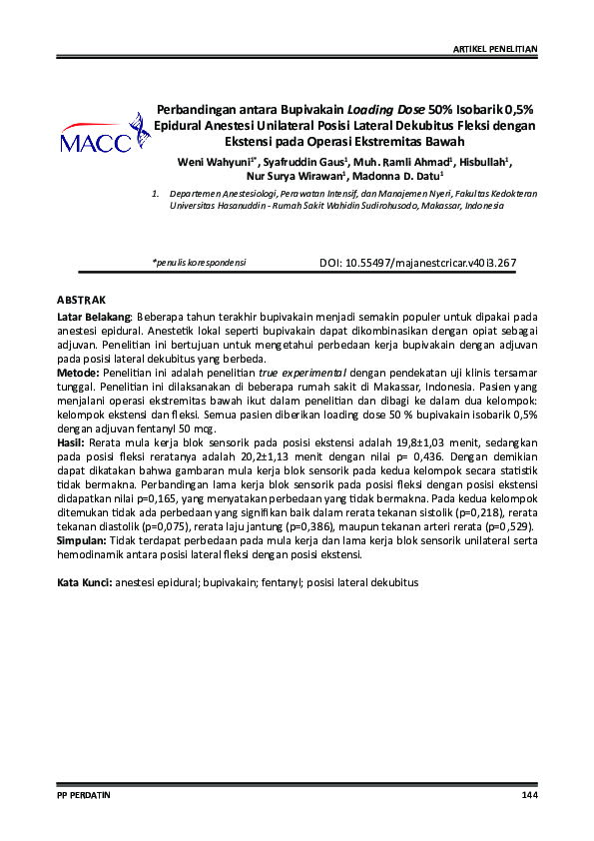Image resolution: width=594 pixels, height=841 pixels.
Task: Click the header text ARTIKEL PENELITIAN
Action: point(496,48)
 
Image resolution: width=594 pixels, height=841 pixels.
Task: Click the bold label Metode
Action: point(76,371)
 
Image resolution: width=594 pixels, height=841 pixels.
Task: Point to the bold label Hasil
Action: point(70,439)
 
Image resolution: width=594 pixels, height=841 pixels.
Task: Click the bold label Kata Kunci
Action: point(84,581)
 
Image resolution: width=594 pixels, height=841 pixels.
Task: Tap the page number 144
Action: point(529,795)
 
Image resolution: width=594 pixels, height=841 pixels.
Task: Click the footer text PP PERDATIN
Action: point(84,795)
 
